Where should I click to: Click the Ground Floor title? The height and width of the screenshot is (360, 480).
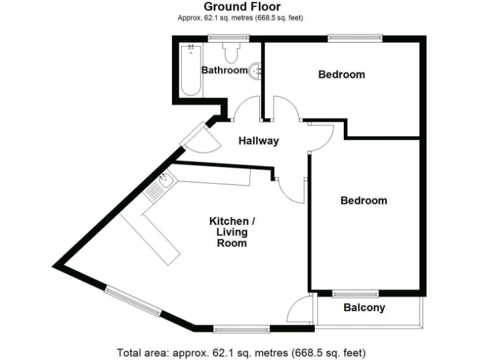click(x=242, y=7)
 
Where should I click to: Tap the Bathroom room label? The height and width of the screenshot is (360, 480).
click(x=224, y=70)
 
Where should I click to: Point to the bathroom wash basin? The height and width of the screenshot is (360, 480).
click(x=255, y=71)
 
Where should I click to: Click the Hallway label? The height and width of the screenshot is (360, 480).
click(x=258, y=141)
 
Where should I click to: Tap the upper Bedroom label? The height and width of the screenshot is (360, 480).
click(x=341, y=74)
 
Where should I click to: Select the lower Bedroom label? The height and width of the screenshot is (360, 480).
click(x=363, y=201)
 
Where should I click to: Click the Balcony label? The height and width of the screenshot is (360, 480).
click(x=364, y=307)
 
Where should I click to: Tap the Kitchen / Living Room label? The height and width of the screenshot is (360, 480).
click(x=232, y=232)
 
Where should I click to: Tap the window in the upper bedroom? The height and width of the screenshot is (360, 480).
click(x=354, y=38)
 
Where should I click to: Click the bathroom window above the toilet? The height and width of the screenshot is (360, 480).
click(x=225, y=38)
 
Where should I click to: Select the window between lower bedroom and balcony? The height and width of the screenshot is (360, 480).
click(x=355, y=293)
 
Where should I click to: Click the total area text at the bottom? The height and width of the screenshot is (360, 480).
click(x=241, y=352)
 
